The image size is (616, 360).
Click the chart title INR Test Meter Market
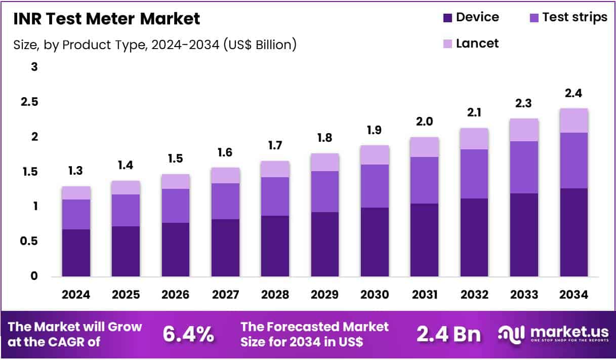106,19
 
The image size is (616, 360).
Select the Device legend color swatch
448,18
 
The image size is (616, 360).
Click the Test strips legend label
574,17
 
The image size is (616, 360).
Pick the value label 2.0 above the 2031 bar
424,122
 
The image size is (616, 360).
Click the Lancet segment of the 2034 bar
573,121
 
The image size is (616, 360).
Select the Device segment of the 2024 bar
76,253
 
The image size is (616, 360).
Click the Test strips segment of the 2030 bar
375,186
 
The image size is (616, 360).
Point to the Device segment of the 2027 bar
225,248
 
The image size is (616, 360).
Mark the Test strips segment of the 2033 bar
524,167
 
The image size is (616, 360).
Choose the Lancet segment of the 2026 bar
176,181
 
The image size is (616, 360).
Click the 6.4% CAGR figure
188,334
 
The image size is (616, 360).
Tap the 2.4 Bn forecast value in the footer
448,334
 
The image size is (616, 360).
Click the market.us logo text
562,332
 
